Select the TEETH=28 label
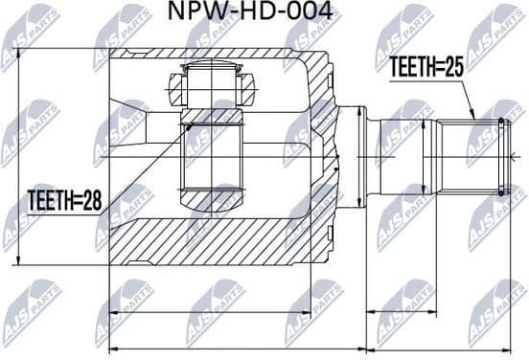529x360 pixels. point(64,201)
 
